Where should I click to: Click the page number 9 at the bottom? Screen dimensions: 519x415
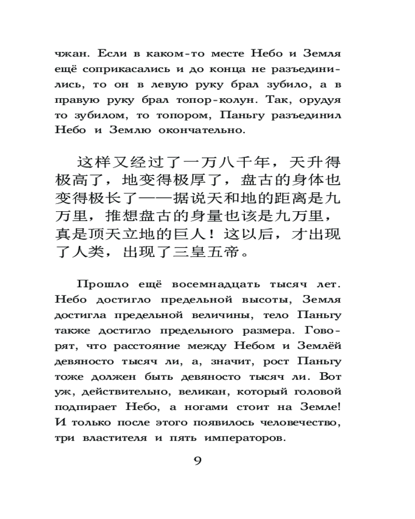[197, 461]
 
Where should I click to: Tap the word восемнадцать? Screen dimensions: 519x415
[191, 284]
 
